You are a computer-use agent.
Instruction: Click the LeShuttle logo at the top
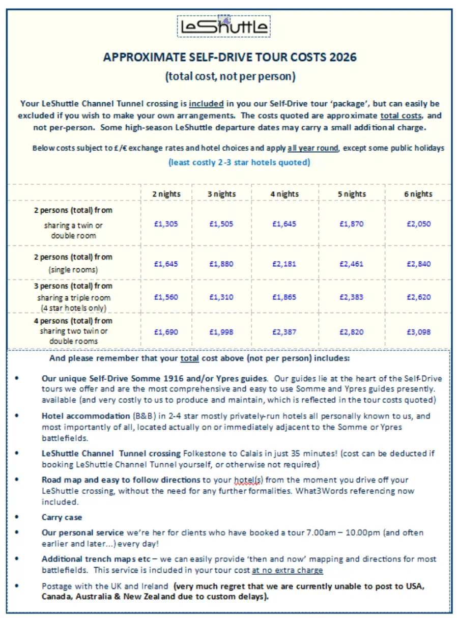224,26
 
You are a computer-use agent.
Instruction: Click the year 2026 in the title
342,57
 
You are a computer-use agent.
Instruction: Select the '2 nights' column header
166,194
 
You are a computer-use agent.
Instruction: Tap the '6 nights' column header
418,194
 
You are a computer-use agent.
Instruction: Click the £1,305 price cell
166,223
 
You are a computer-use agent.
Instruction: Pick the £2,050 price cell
418,223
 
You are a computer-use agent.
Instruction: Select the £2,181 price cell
284,264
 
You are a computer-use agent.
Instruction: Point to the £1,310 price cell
221,297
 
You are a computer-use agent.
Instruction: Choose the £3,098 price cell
418,331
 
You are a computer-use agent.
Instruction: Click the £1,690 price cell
166,331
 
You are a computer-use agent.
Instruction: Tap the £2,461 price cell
352,264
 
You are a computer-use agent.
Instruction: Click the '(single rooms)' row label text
73,269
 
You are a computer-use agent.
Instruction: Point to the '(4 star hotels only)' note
73,308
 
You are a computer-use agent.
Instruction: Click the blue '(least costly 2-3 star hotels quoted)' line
239,163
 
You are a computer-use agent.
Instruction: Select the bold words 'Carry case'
62,517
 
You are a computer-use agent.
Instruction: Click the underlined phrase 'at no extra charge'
288,570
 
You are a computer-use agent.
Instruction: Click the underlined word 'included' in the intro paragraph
206,104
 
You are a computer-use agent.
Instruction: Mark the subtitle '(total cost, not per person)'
230,77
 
